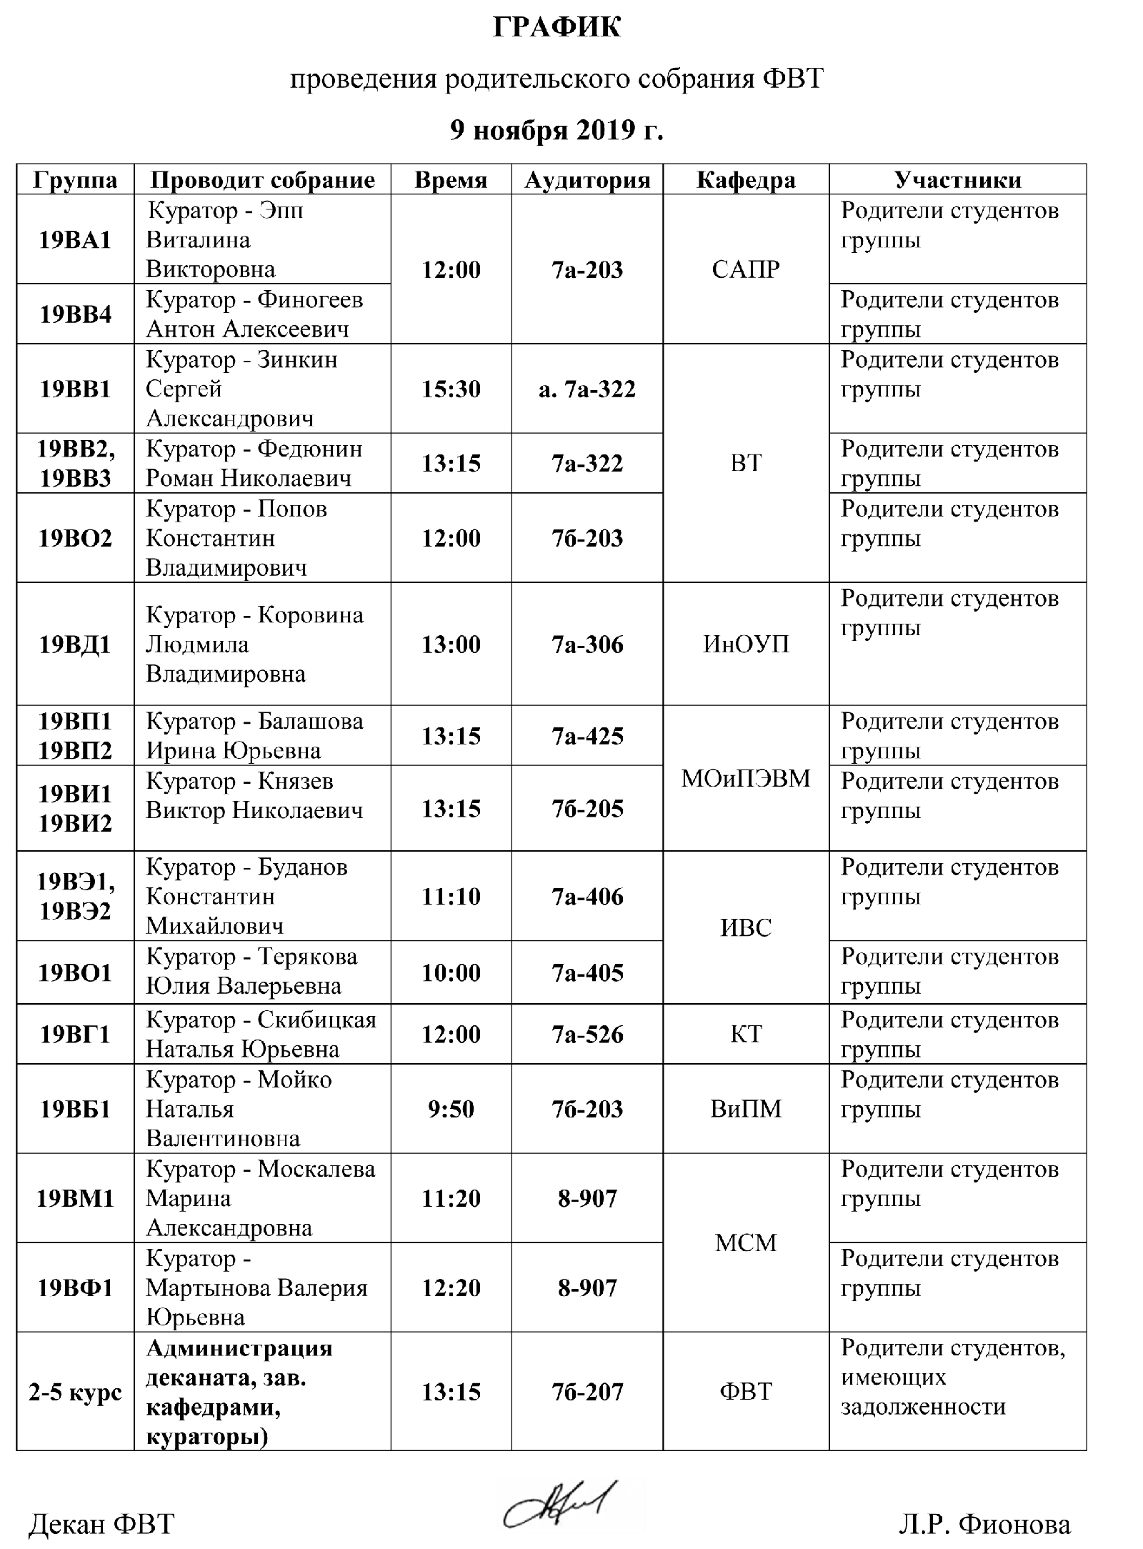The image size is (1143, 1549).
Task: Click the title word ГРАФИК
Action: [556, 27]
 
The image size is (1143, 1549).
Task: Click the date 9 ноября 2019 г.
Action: [556, 130]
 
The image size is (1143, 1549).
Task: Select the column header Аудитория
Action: [587, 180]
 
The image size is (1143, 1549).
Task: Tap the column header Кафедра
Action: [746, 180]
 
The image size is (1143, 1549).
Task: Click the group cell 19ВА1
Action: [75, 240]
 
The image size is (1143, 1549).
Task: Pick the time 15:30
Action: [451, 389]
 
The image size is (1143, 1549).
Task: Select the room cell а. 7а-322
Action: [587, 389]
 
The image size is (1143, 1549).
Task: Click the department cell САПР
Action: [746, 270]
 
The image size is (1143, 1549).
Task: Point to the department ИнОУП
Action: [746, 644]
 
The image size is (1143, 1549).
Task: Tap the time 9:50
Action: [451, 1109]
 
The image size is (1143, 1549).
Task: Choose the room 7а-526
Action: [587, 1035]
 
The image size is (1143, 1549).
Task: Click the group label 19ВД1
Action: [75, 644]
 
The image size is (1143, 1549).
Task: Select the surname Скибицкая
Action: [316, 1020]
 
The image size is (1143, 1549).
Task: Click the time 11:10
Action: [451, 897]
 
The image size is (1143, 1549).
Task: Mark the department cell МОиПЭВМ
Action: [746, 778]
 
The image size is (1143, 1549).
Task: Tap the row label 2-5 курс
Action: [75, 1393]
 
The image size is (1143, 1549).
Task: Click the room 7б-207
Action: [587, 1393]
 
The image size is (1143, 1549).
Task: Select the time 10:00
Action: [451, 972]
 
